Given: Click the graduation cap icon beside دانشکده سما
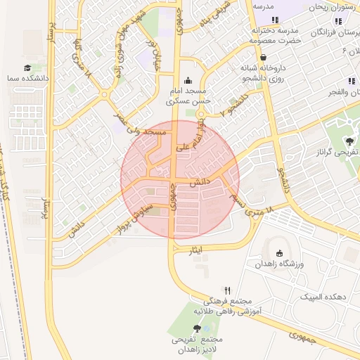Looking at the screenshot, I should [x=27, y=68].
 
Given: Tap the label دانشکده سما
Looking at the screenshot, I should [x=27, y=79].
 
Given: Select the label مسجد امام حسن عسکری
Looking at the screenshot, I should [x=187, y=97].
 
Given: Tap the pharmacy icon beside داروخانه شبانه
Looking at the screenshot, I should [x=263, y=58].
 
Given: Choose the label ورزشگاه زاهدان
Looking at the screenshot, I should [x=279, y=264].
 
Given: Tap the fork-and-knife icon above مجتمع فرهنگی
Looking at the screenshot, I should [x=227, y=290].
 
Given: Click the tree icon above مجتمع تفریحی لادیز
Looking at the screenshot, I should [x=196, y=328].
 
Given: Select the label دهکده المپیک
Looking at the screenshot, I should [x=323, y=297].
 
